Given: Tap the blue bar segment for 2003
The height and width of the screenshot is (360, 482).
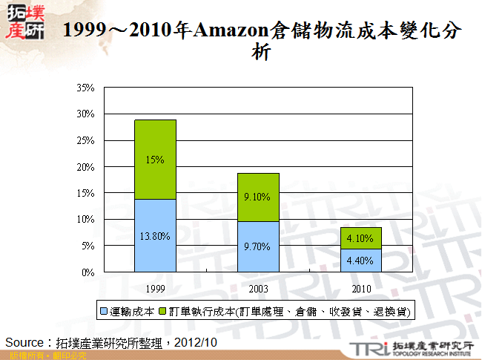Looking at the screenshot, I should click(x=258, y=256).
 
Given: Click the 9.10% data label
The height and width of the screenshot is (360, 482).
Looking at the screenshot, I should click(x=258, y=197).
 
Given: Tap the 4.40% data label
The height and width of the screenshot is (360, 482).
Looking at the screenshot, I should click(x=361, y=261).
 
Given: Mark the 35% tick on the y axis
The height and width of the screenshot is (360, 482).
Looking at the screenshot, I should click(x=85, y=88).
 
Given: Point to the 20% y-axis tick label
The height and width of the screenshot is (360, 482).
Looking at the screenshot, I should click(x=85, y=167).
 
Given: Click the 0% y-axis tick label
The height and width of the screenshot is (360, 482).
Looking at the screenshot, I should click(x=88, y=272).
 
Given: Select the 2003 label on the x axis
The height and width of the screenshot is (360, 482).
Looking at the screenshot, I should click(x=258, y=287).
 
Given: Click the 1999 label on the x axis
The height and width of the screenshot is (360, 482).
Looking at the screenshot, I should click(x=155, y=287).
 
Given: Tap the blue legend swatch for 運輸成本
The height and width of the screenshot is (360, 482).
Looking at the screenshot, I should click(x=105, y=310).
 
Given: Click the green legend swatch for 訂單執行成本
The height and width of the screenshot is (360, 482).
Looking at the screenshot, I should click(x=162, y=310).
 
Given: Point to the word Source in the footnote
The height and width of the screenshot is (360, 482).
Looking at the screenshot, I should click(x=25, y=342).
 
